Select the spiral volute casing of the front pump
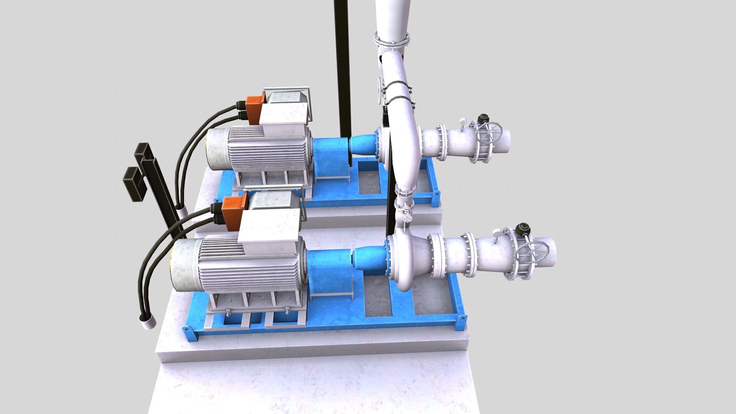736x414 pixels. (406, 261)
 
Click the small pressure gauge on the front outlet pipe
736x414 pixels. (497, 233)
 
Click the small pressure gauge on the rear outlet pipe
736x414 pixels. (463, 122)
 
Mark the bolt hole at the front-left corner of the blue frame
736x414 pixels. (187, 329)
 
